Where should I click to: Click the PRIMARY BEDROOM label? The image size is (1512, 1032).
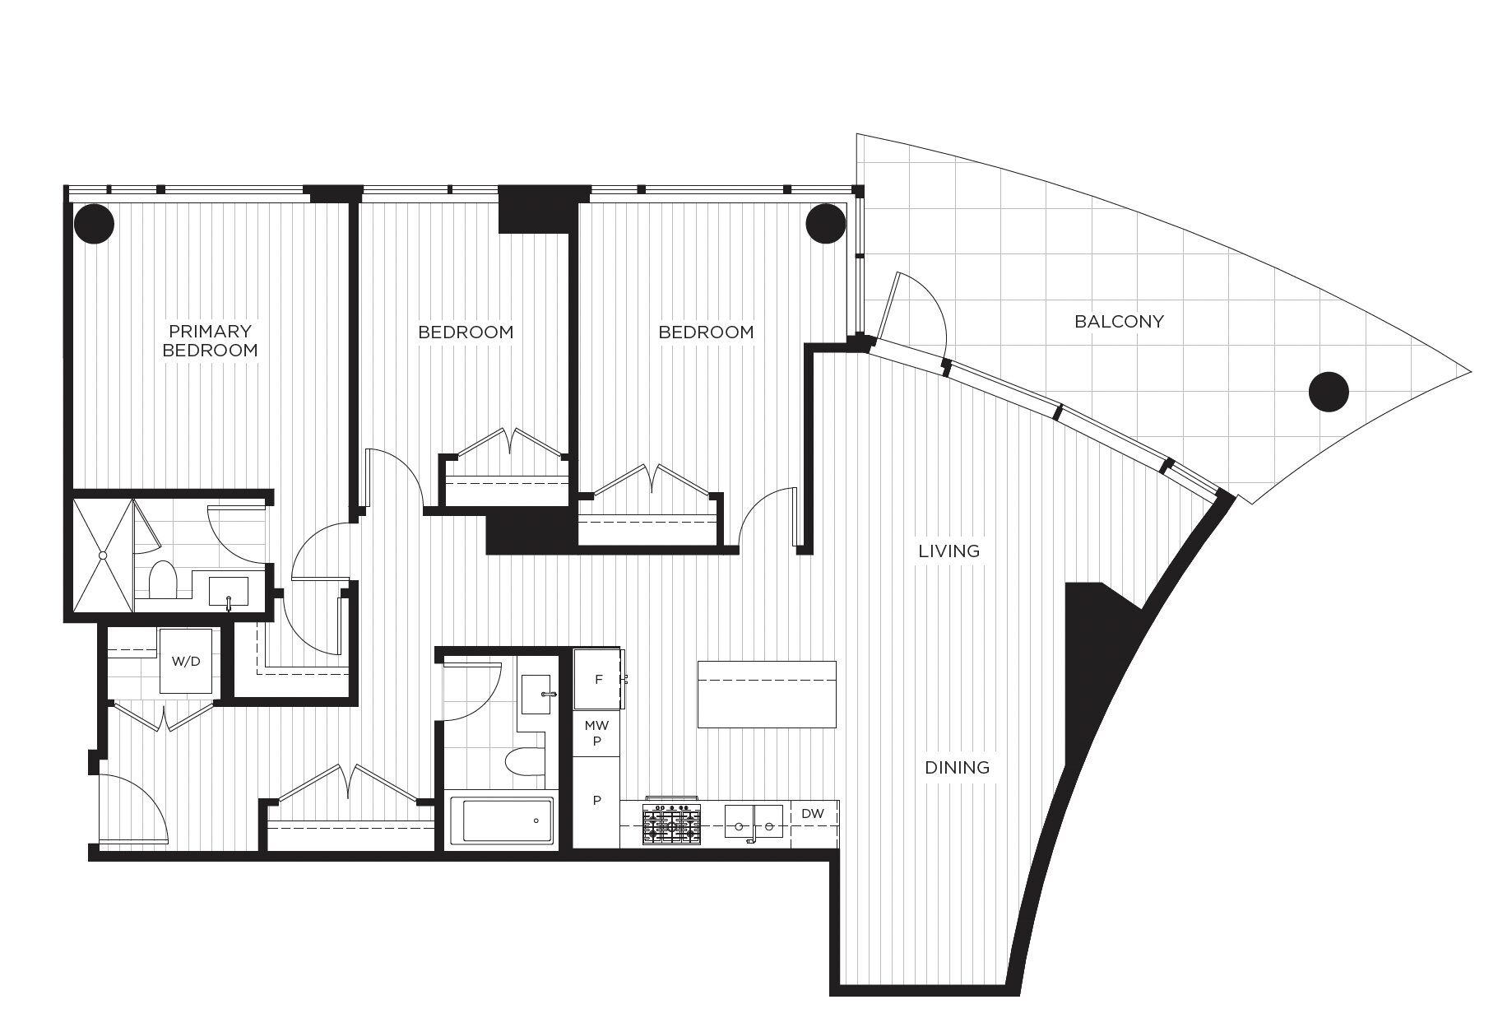pyautogui.click(x=210, y=341)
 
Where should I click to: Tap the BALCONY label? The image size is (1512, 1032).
pyautogui.click(x=1119, y=322)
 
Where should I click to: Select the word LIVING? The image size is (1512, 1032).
pyautogui.click(x=949, y=551)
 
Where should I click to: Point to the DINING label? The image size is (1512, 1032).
pyautogui.click(x=957, y=768)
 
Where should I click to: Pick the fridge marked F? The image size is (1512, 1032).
pyautogui.click(x=598, y=679)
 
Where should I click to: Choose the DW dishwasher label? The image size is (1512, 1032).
pyautogui.click(x=812, y=814)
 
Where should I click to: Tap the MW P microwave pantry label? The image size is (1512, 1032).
pyautogui.click(x=597, y=733)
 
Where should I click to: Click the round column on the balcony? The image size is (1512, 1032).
pyautogui.click(x=1328, y=391)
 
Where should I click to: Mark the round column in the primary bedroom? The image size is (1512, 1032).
pyautogui.click(x=94, y=223)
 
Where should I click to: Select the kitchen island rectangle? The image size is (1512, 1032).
pyautogui.click(x=767, y=694)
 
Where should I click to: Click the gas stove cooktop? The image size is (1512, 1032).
pyautogui.click(x=672, y=822)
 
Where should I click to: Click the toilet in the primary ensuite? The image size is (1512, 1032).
pyautogui.click(x=162, y=579)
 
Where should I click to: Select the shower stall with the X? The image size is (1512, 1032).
pyautogui.click(x=102, y=556)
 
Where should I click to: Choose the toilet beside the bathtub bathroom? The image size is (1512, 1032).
pyautogui.click(x=524, y=762)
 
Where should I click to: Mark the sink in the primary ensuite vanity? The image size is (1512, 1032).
pyautogui.click(x=229, y=591)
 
